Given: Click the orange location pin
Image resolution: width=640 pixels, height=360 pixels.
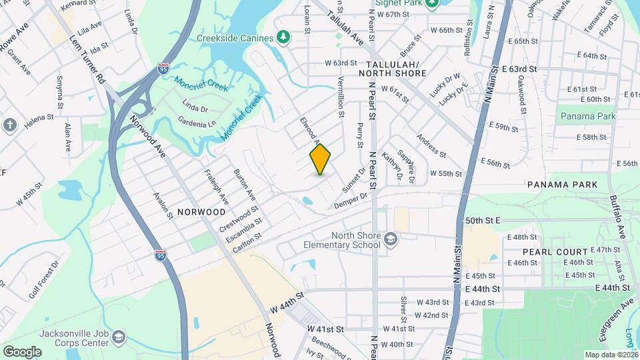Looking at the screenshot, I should click(321, 159).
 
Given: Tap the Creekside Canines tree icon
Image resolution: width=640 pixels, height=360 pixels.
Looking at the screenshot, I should click(283, 37).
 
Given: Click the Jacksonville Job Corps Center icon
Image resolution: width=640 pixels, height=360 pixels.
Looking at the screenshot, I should click(118, 336).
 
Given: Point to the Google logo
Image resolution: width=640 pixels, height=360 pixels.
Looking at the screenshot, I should click(22, 351).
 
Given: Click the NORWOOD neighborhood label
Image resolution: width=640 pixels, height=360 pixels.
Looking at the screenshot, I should click(201, 212).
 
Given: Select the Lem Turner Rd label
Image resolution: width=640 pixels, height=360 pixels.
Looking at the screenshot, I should click(87, 59).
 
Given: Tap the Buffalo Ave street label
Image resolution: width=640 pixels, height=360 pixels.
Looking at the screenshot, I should click(617, 213).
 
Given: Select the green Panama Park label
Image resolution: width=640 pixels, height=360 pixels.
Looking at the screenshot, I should click(587, 117).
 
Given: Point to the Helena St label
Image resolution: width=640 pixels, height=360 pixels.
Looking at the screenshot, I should click(39, 119).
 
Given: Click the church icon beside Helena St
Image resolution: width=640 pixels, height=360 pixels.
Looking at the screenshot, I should click(9, 125).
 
